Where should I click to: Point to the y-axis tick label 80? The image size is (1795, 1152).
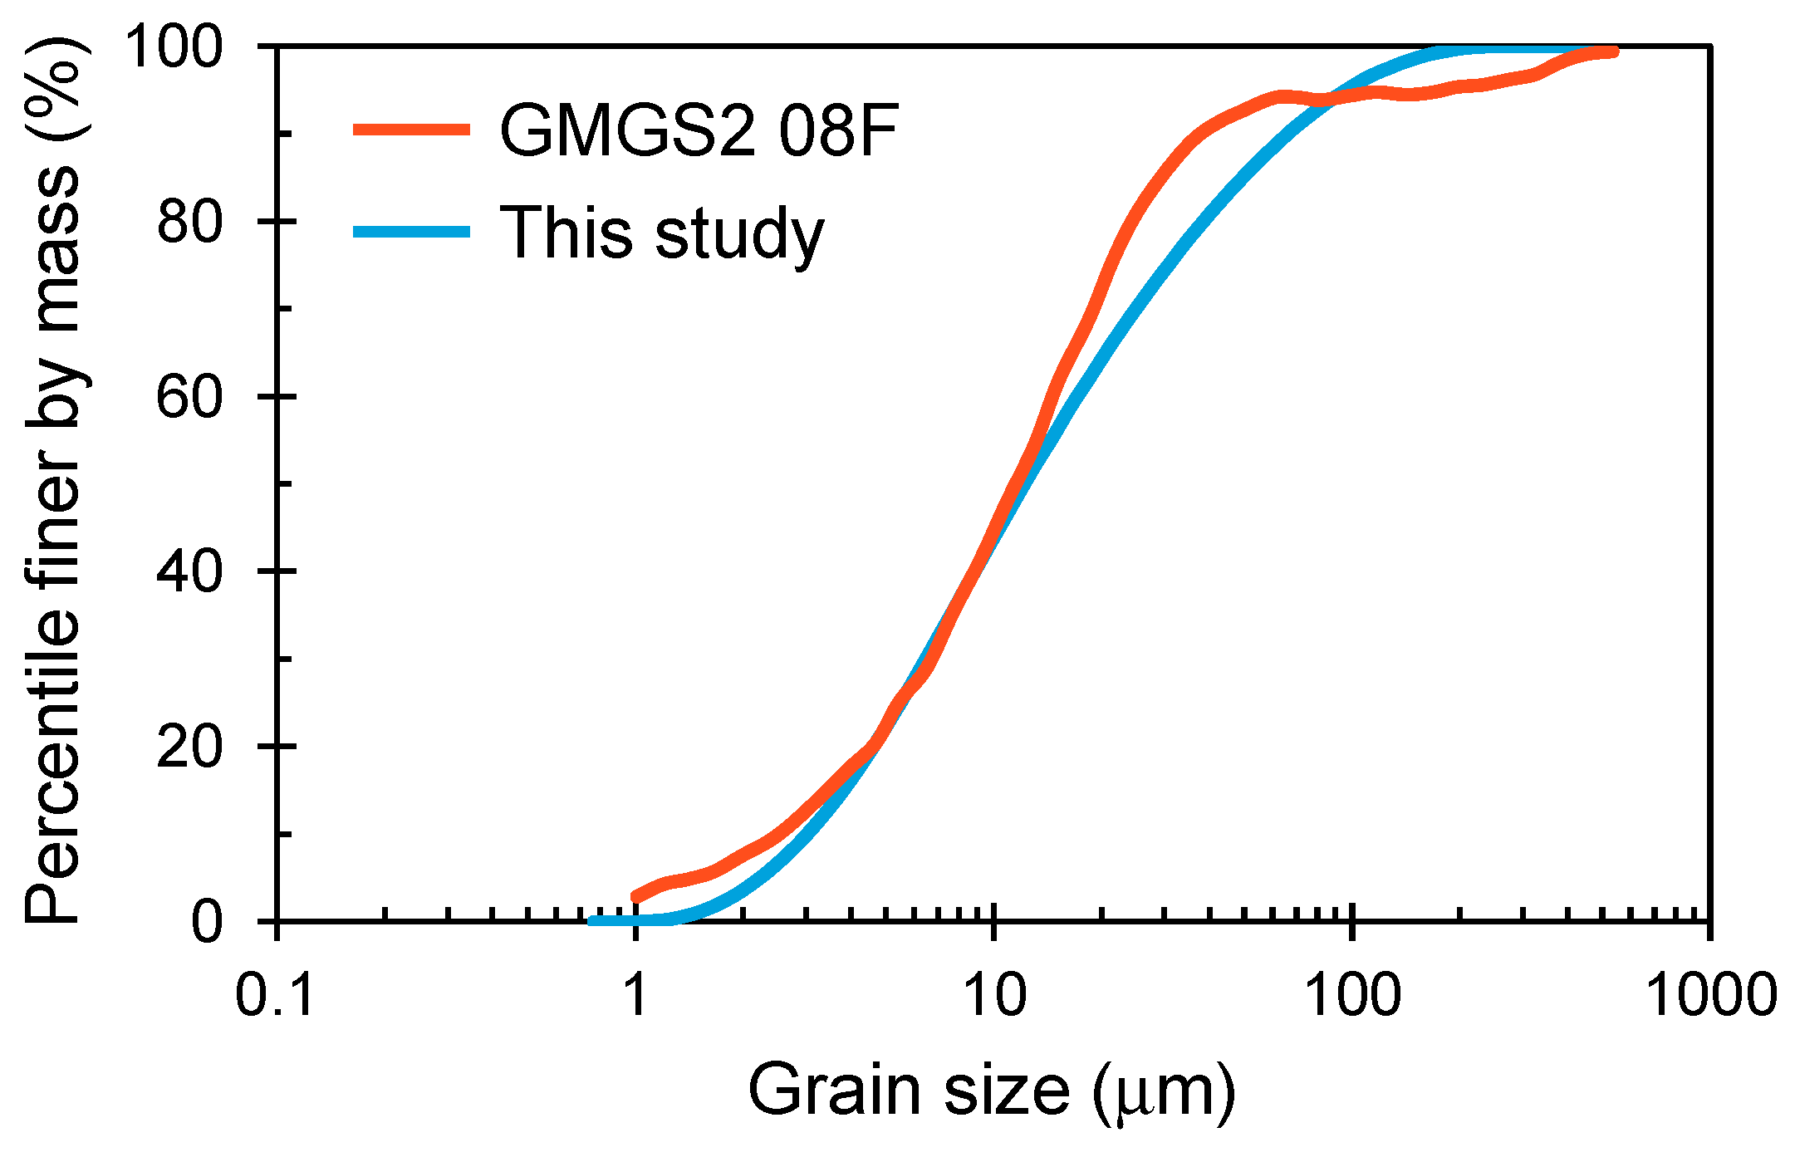[190, 222]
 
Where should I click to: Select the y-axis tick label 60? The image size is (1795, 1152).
[190, 397]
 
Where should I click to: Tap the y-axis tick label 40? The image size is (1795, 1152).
[190, 572]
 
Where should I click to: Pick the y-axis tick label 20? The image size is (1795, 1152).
[190, 747]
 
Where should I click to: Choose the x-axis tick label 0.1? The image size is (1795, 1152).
[275, 994]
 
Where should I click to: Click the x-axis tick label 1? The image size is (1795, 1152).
[635, 994]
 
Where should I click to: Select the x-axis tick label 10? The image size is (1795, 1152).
[994, 994]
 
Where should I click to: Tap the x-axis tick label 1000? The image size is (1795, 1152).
[1711, 994]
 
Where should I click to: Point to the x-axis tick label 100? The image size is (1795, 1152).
[1353, 994]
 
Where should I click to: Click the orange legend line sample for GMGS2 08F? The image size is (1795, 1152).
[411, 130]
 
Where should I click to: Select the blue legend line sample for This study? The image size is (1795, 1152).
[411, 232]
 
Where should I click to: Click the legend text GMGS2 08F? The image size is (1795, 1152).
[699, 131]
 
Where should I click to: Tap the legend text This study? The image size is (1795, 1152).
[661, 234]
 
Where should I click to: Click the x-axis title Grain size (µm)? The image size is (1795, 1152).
[992, 1091]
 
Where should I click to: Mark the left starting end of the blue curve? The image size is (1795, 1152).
[591, 921]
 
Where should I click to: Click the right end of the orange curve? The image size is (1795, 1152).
[1614, 52]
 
